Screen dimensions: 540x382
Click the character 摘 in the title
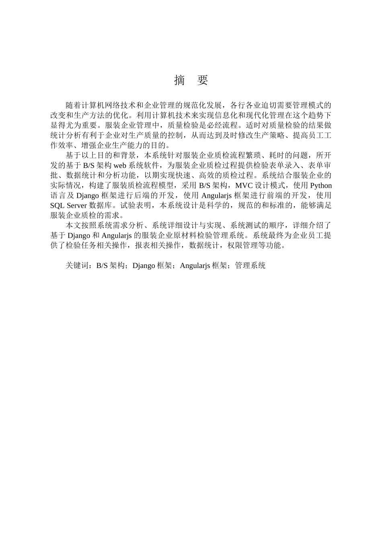[179, 80]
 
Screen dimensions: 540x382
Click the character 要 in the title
[203, 80]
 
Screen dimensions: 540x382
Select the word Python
[321, 185]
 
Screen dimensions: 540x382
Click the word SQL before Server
[57, 205]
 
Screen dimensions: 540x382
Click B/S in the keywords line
[102, 266]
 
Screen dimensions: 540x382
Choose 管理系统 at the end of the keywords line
[251, 266]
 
